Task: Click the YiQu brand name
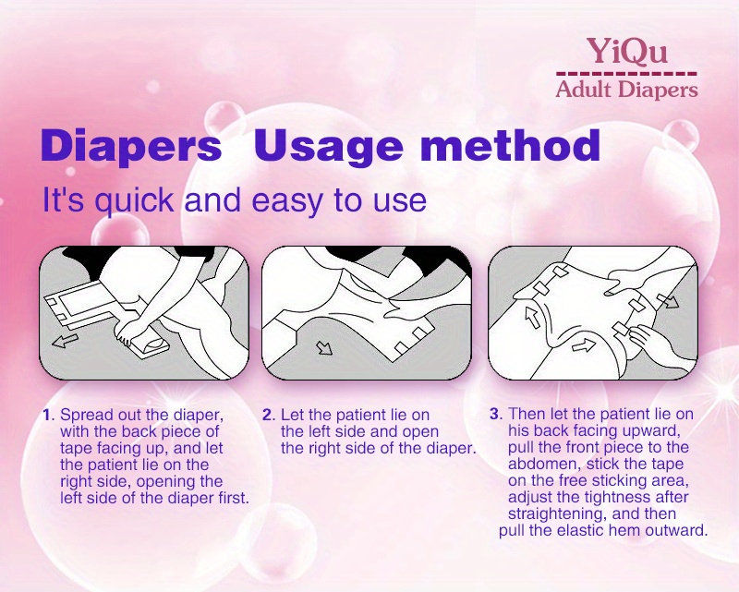click(627, 51)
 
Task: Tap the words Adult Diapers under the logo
click(626, 90)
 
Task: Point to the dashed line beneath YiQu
click(626, 74)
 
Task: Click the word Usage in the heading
click(329, 146)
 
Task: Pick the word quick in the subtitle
click(134, 200)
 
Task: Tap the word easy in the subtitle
click(288, 200)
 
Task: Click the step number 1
click(46, 415)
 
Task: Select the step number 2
click(267, 415)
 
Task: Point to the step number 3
click(494, 415)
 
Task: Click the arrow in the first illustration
click(65, 340)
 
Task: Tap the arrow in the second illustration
click(324, 348)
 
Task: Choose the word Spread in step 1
click(87, 416)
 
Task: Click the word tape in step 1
click(76, 448)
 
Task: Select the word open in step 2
click(420, 431)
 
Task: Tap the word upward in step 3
click(651, 430)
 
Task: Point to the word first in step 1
click(234, 498)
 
